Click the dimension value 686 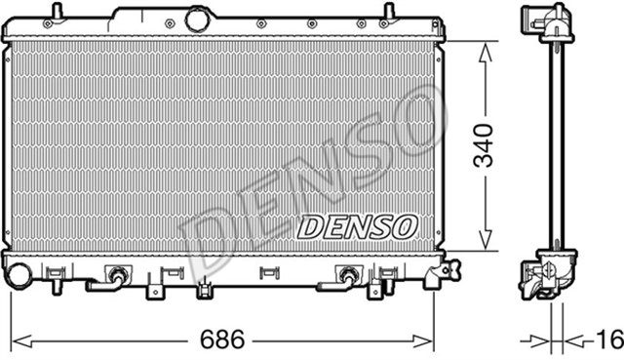(x=221, y=340)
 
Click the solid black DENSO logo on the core (x=356, y=227)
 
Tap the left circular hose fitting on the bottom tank (x=118, y=275)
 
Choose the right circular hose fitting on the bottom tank (x=346, y=275)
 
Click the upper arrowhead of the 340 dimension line (x=484, y=50)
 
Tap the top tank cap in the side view (x=550, y=20)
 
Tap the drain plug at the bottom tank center (x=203, y=288)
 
